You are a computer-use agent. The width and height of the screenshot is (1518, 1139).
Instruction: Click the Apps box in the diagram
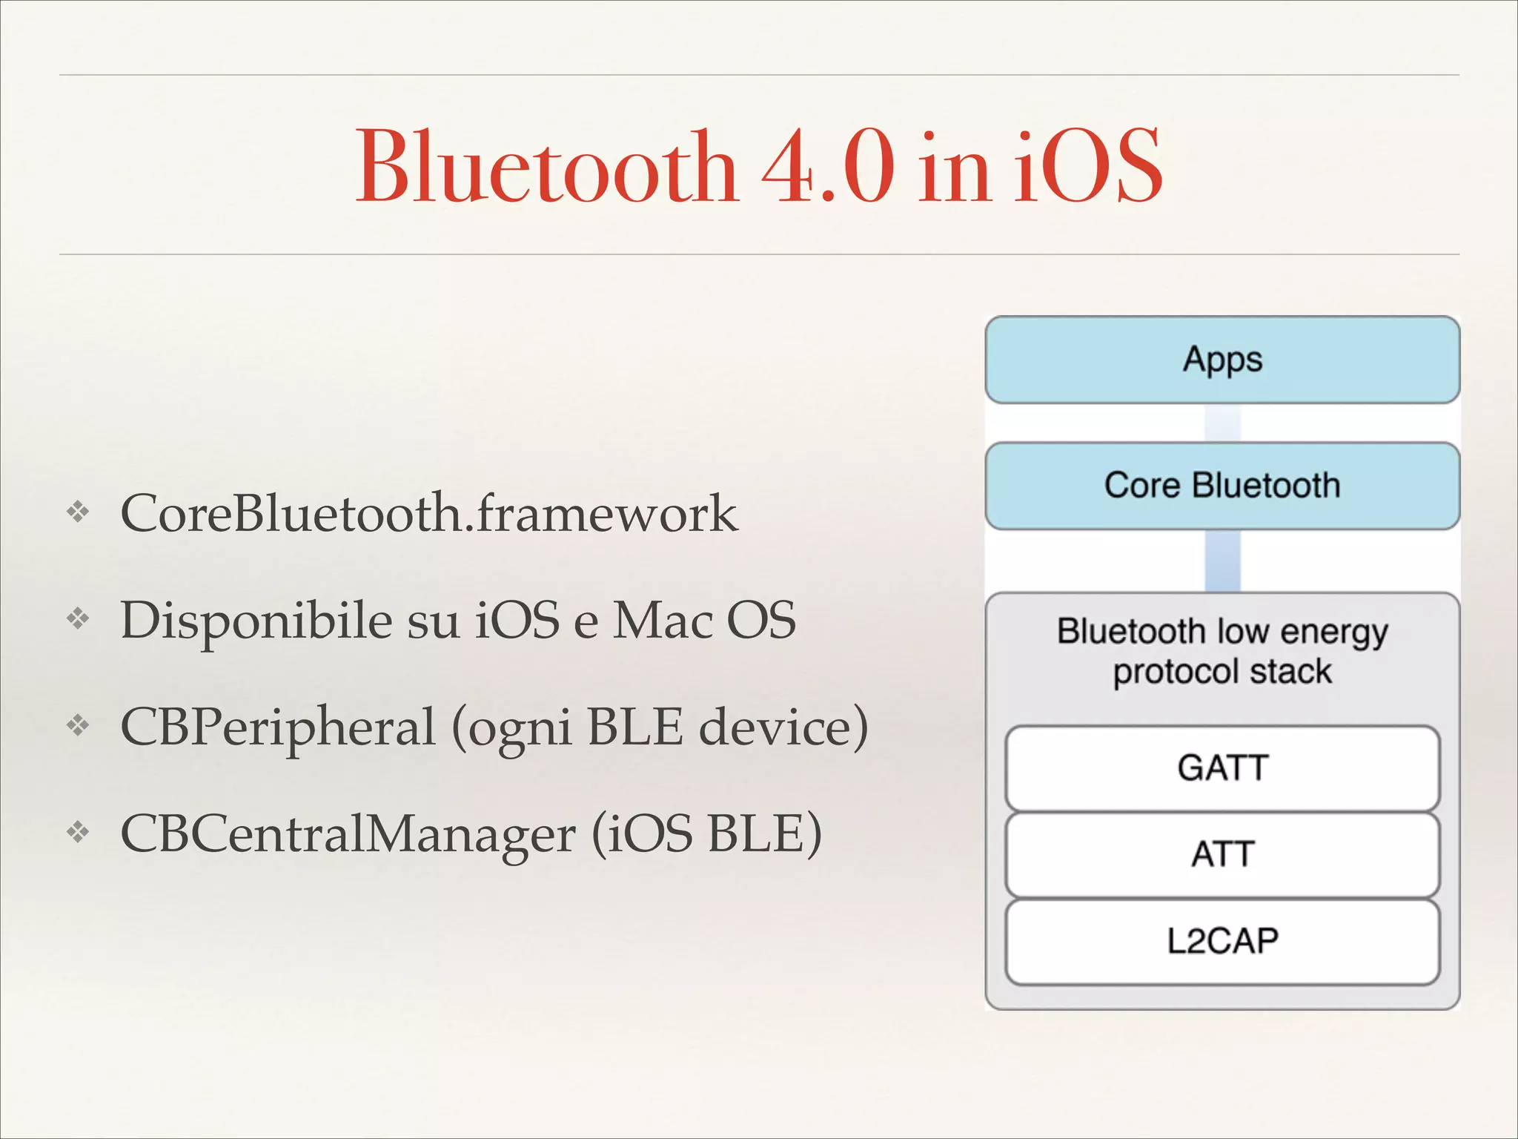1222,360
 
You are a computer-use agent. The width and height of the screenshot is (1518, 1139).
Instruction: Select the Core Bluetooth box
1222,486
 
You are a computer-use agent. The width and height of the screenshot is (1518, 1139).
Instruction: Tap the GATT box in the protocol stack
1222,767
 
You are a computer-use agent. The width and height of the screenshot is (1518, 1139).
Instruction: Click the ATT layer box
1222,854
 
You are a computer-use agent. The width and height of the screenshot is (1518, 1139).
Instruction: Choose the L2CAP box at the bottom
1222,941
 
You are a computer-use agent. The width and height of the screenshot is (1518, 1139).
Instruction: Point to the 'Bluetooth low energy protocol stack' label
1222,651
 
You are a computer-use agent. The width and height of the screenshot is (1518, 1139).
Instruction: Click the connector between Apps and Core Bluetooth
1222,423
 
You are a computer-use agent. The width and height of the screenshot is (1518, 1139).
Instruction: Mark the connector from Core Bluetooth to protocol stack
1222,561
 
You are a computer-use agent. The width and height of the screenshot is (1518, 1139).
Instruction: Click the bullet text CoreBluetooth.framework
429,513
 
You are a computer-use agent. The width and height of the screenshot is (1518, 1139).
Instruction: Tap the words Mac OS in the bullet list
704,620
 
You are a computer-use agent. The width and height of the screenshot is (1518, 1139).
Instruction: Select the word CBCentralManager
348,834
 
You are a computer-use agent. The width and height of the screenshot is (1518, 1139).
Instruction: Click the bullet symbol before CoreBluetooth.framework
78,512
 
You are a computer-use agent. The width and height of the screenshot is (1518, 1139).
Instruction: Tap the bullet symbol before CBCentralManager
78,832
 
